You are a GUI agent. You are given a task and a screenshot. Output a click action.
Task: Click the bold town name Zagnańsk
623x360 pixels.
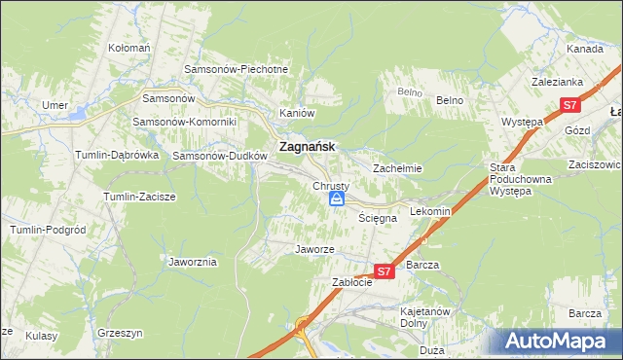coord(307,147)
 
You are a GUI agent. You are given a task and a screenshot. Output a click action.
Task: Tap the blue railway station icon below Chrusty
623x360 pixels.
coord(336,199)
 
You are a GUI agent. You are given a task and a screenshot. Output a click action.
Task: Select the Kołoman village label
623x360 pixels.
coord(129,48)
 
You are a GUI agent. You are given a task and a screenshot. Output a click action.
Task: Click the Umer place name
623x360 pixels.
coord(54,105)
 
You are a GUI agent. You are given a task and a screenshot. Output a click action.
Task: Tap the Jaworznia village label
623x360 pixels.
coord(193,263)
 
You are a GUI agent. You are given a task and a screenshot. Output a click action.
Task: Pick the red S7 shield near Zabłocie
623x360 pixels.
coord(385,272)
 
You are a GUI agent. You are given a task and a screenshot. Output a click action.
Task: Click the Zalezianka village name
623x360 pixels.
coord(556,84)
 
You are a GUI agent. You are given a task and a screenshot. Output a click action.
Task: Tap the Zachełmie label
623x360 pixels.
coord(397,168)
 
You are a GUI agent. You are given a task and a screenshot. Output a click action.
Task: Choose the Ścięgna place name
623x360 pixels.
coord(376,219)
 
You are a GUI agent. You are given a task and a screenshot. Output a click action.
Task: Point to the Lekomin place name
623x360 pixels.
coord(429,211)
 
